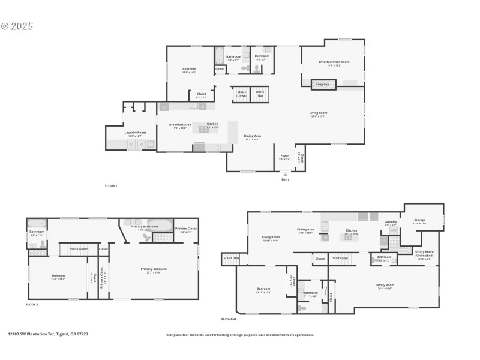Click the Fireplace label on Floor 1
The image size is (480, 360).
pyautogui.click(x=323, y=85)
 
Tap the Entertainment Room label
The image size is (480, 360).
pyautogui.click(x=334, y=62)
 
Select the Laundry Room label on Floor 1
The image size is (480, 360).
pyautogui.click(x=135, y=133)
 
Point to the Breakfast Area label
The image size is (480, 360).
pyautogui.click(x=180, y=124)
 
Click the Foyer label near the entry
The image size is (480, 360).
pyautogui.click(x=284, y=157)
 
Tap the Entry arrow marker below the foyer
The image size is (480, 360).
pyautogui.click(x=285, y=175)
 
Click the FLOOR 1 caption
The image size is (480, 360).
pyautogui.click(x=111, y=186)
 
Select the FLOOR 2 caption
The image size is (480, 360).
pyautogui.click(x=32, y=305)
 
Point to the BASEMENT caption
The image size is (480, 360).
pyautogui.click(x=229, y=319)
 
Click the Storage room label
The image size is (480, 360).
pyautogui.click(x=420, y=220)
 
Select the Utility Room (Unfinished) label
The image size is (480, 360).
pyautogui.click(x=424, y=254)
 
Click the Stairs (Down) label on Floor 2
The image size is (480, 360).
pyautogui.click(x=79, y=248)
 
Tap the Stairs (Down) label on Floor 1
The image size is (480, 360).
pyautogui.click(x=241, y=94)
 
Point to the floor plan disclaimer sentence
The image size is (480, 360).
pyautogui.click(x=239, y=335)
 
